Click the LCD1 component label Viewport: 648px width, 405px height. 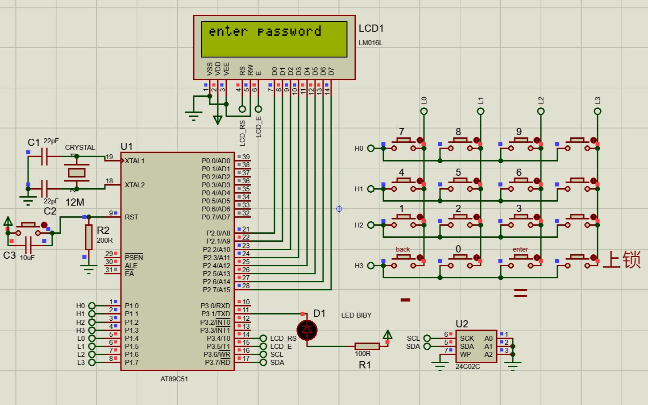(x=371, y=28)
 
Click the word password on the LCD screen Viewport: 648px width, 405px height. (x=289, y=32)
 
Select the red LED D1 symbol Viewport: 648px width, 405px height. (x=307, y=330)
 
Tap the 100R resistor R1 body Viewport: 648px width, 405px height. (x=367, y=346)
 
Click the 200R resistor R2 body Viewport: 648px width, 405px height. (x=89, y=237)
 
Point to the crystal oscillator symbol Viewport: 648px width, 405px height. (x=76, y=173)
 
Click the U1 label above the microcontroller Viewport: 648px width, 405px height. (x=127, y=147)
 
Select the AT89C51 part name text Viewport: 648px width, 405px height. (x=174, y=379)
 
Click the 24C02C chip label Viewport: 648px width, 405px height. (x=468, y=367)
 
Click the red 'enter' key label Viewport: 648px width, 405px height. (x=520, y=249)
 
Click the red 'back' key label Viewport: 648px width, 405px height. (x=403, y=249)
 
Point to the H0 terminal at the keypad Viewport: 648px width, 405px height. (x=371, y=148)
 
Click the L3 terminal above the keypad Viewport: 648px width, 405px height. (x=598, y=111)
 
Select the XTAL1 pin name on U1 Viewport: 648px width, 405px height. (x=135, y=161)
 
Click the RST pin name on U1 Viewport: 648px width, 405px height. (x=132, y=217)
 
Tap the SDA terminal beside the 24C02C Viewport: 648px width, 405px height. (x=427, y=346)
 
